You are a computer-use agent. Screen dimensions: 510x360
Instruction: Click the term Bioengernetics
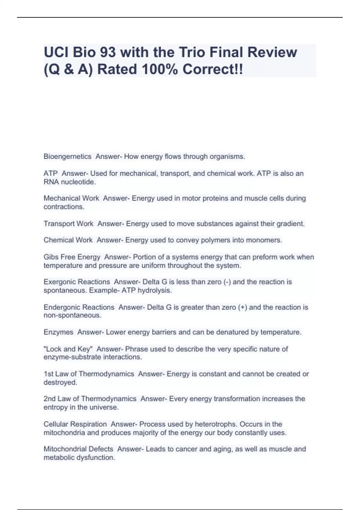[x=67, y=157]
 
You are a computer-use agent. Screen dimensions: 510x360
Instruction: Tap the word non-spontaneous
[x=72, y=315]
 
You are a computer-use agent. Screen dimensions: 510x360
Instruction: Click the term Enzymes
[x=58, y=332]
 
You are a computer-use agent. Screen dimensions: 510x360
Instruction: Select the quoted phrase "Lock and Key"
[x=68, y=349]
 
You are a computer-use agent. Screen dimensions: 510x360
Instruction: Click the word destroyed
[x=60, y=382]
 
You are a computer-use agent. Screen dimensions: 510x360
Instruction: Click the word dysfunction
[x=97, y=457]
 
